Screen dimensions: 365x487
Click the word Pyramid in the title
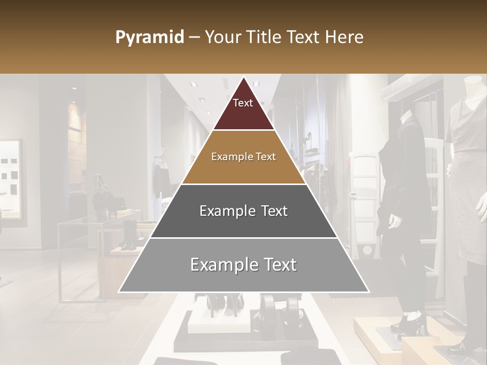pos(150,38)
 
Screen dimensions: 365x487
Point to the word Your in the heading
pos(222,38)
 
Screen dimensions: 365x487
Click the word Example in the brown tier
pos(229,157)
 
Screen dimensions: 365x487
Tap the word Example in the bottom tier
pos(221,265)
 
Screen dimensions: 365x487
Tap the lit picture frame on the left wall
pos(10,180)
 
